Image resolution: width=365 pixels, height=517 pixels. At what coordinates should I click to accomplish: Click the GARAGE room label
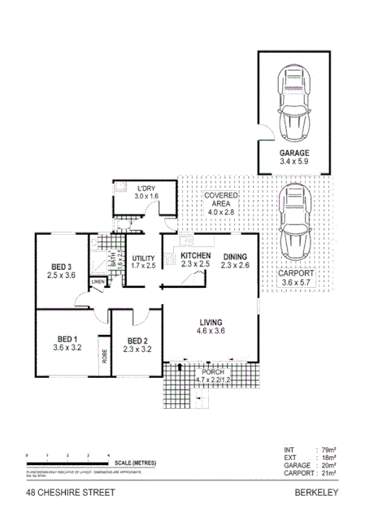pos(293,153)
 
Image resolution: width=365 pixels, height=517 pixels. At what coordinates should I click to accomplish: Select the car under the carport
pos(293,219)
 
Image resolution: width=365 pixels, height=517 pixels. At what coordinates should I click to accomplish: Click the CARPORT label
pos(293,275)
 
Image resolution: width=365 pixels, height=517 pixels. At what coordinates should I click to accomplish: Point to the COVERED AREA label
pos(219,197)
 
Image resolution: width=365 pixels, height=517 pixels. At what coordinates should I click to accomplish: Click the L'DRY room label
pos(146,187)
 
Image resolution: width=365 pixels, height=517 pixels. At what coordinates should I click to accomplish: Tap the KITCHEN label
pos(195,255)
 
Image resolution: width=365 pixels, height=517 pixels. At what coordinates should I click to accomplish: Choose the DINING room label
pos(234,255)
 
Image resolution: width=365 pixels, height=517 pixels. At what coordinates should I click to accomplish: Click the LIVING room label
pos(211,321)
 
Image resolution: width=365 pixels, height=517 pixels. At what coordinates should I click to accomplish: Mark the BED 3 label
pos(62,267)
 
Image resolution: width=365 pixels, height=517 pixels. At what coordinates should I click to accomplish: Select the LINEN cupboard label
pos(98,282)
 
